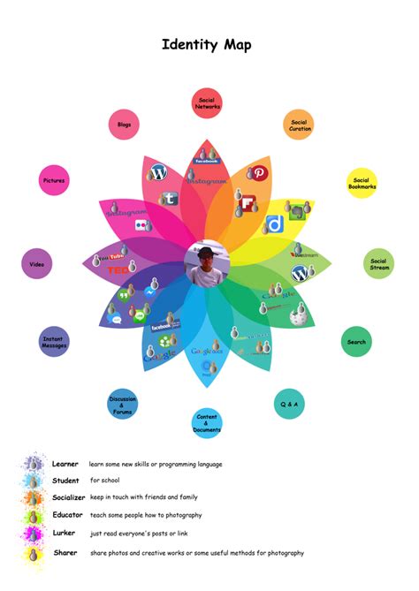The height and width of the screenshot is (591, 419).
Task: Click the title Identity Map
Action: [207, 45]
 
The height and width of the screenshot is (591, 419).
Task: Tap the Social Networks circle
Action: [207, 103]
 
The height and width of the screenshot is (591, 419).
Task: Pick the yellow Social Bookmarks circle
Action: [362, 183]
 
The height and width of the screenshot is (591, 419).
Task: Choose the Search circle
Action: [356, 342]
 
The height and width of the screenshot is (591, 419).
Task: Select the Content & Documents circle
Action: [207, 423]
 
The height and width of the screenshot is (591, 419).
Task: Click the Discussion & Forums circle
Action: [122, 404]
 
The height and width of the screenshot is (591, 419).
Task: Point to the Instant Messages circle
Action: [55, 342]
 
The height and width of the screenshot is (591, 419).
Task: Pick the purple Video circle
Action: [36, 263]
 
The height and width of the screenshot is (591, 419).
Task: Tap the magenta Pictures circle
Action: [55, 181]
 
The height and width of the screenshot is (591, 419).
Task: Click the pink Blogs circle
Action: [124, 125]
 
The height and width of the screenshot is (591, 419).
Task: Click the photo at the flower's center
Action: [208, 262]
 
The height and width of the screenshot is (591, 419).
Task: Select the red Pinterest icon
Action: [261, 174]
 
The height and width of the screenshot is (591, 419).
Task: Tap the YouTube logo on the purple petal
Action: [112, 257]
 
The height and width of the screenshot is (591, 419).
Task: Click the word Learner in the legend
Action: [65, 464]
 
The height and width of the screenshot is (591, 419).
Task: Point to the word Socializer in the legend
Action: [69, 497]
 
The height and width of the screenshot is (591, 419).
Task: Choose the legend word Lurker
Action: [65, 534]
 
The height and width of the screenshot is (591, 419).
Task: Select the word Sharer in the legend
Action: [65, 553]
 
